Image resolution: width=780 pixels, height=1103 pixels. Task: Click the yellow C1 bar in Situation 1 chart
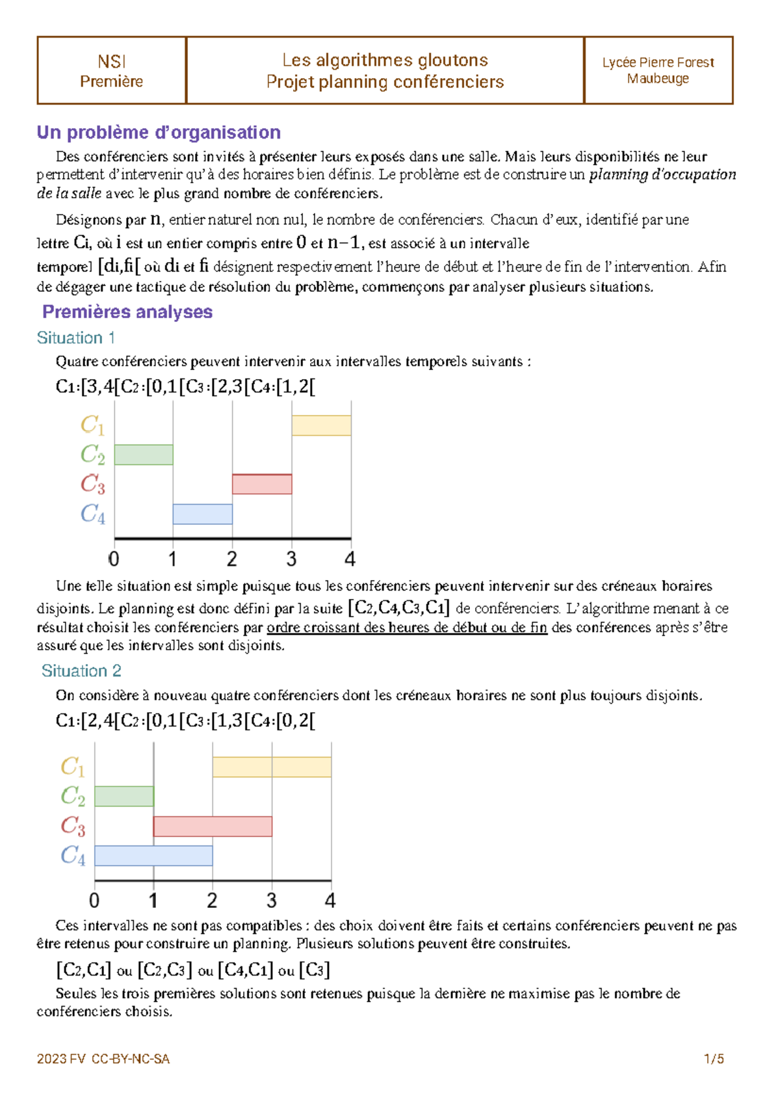click(x=321, y=425)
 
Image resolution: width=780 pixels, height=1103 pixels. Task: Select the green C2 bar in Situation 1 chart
click(x=144, y=455)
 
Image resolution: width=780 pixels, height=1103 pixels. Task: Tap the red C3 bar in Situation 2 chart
click(x=213, y=826)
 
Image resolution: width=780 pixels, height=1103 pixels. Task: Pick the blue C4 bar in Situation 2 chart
click(x=153, y=855)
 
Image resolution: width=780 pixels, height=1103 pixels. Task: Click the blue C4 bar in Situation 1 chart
click(x=202, y=514)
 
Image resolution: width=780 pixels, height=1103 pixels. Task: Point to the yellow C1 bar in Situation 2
click(x=272, y=767)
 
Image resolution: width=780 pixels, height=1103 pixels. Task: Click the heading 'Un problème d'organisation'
click(x=159, y=133)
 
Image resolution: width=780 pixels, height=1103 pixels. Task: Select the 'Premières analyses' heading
click(x=127, y=312)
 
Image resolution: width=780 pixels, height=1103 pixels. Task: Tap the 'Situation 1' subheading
click(x=75, y=338)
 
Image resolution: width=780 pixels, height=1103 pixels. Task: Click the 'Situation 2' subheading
click(x=81, y=671)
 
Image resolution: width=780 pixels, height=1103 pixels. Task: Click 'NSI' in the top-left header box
click(x=111, y=62)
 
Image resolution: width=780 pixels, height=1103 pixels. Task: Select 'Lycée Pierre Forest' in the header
click(x=658, y=62)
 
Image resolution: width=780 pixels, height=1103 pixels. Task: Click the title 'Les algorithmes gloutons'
click(x=385, y=60)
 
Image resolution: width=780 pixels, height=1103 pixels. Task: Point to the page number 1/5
click(x=714, y=1059)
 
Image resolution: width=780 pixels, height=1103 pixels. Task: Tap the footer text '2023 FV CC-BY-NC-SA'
click(x=103, y=1059)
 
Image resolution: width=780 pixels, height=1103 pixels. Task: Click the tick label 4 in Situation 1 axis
click(x=350, y=559)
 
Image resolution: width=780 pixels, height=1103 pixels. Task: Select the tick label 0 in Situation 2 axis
click(x=94, y=901)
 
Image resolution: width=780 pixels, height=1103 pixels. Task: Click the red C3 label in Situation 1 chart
click(x=92, y=484)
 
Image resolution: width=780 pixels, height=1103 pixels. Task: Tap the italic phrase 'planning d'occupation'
click(x=662, y=175)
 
